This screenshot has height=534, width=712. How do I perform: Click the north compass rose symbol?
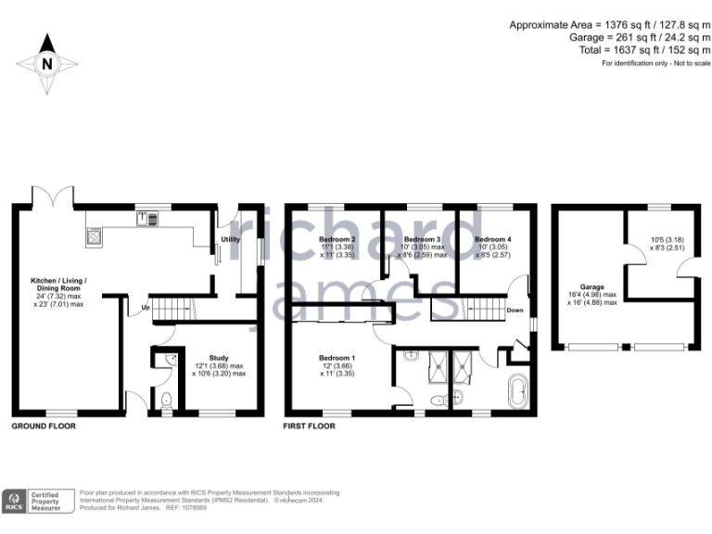46,63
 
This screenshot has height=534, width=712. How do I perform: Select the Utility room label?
231,239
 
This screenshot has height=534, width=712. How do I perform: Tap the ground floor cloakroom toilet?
166,401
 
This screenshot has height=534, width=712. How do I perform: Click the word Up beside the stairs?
145,308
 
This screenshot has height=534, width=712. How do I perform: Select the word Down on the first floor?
515,311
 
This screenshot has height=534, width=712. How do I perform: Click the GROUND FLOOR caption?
43,426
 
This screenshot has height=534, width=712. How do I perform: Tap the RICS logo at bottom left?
14,501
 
